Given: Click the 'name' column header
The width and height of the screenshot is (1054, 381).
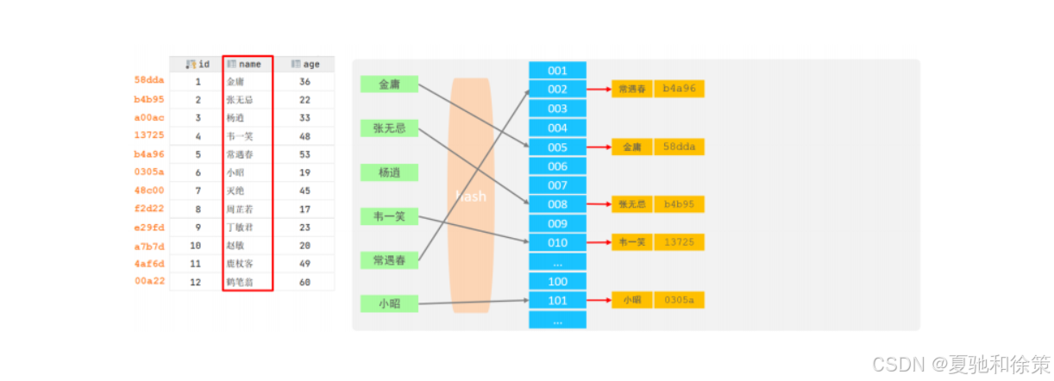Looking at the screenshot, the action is coord(248,64).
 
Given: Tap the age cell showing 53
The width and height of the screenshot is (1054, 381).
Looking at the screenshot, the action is coord(305,154).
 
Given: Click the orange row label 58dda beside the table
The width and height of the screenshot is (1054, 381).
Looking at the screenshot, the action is coord(149,80).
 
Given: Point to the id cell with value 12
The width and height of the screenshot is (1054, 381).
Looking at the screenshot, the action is coord(198,281).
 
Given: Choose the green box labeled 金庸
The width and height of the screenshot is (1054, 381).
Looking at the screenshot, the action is coord(389,84).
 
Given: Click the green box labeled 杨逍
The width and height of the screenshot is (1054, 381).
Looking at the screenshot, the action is coord(389,172).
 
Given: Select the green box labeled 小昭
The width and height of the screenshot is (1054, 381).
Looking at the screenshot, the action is coord(389,303).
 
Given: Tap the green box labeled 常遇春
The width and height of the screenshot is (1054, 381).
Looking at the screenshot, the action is coord(389,259).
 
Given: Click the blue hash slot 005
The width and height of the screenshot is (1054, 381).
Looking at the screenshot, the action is coord(557,147).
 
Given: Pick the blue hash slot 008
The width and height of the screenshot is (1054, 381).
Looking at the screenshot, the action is coord(557,204).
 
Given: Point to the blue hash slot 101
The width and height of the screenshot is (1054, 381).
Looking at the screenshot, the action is coord(557,300).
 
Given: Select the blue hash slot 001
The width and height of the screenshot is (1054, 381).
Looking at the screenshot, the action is coord(557,71).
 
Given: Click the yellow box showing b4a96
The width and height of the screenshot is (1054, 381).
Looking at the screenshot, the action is coord(680,88).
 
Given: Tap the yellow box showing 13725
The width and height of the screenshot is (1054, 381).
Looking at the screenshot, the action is coord(680,242).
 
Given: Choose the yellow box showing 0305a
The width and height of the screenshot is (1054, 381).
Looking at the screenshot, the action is coord(680,300).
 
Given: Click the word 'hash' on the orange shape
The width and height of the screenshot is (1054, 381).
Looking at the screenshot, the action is coord(471,197).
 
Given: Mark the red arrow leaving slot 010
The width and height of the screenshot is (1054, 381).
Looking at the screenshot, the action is coord(599,242).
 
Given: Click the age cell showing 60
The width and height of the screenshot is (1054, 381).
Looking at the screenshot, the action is coord(305,281).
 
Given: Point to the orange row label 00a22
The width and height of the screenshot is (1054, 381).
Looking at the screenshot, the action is coord(149,281).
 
